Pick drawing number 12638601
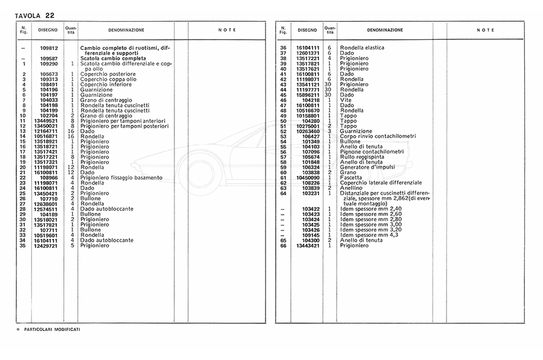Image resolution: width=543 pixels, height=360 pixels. [x=46, y=203]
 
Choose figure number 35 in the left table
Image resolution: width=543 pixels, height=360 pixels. [x=24, y=245]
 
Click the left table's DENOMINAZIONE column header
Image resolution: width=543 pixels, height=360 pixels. [x=126, y=30]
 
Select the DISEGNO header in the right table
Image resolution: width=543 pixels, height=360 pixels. [x=306, y=30]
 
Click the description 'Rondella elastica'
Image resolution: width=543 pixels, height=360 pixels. [x=362, y=48]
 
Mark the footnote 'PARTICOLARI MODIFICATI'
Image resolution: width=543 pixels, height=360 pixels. [x=52, y=330]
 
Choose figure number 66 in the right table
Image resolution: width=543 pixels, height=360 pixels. [x=282, y=245]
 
